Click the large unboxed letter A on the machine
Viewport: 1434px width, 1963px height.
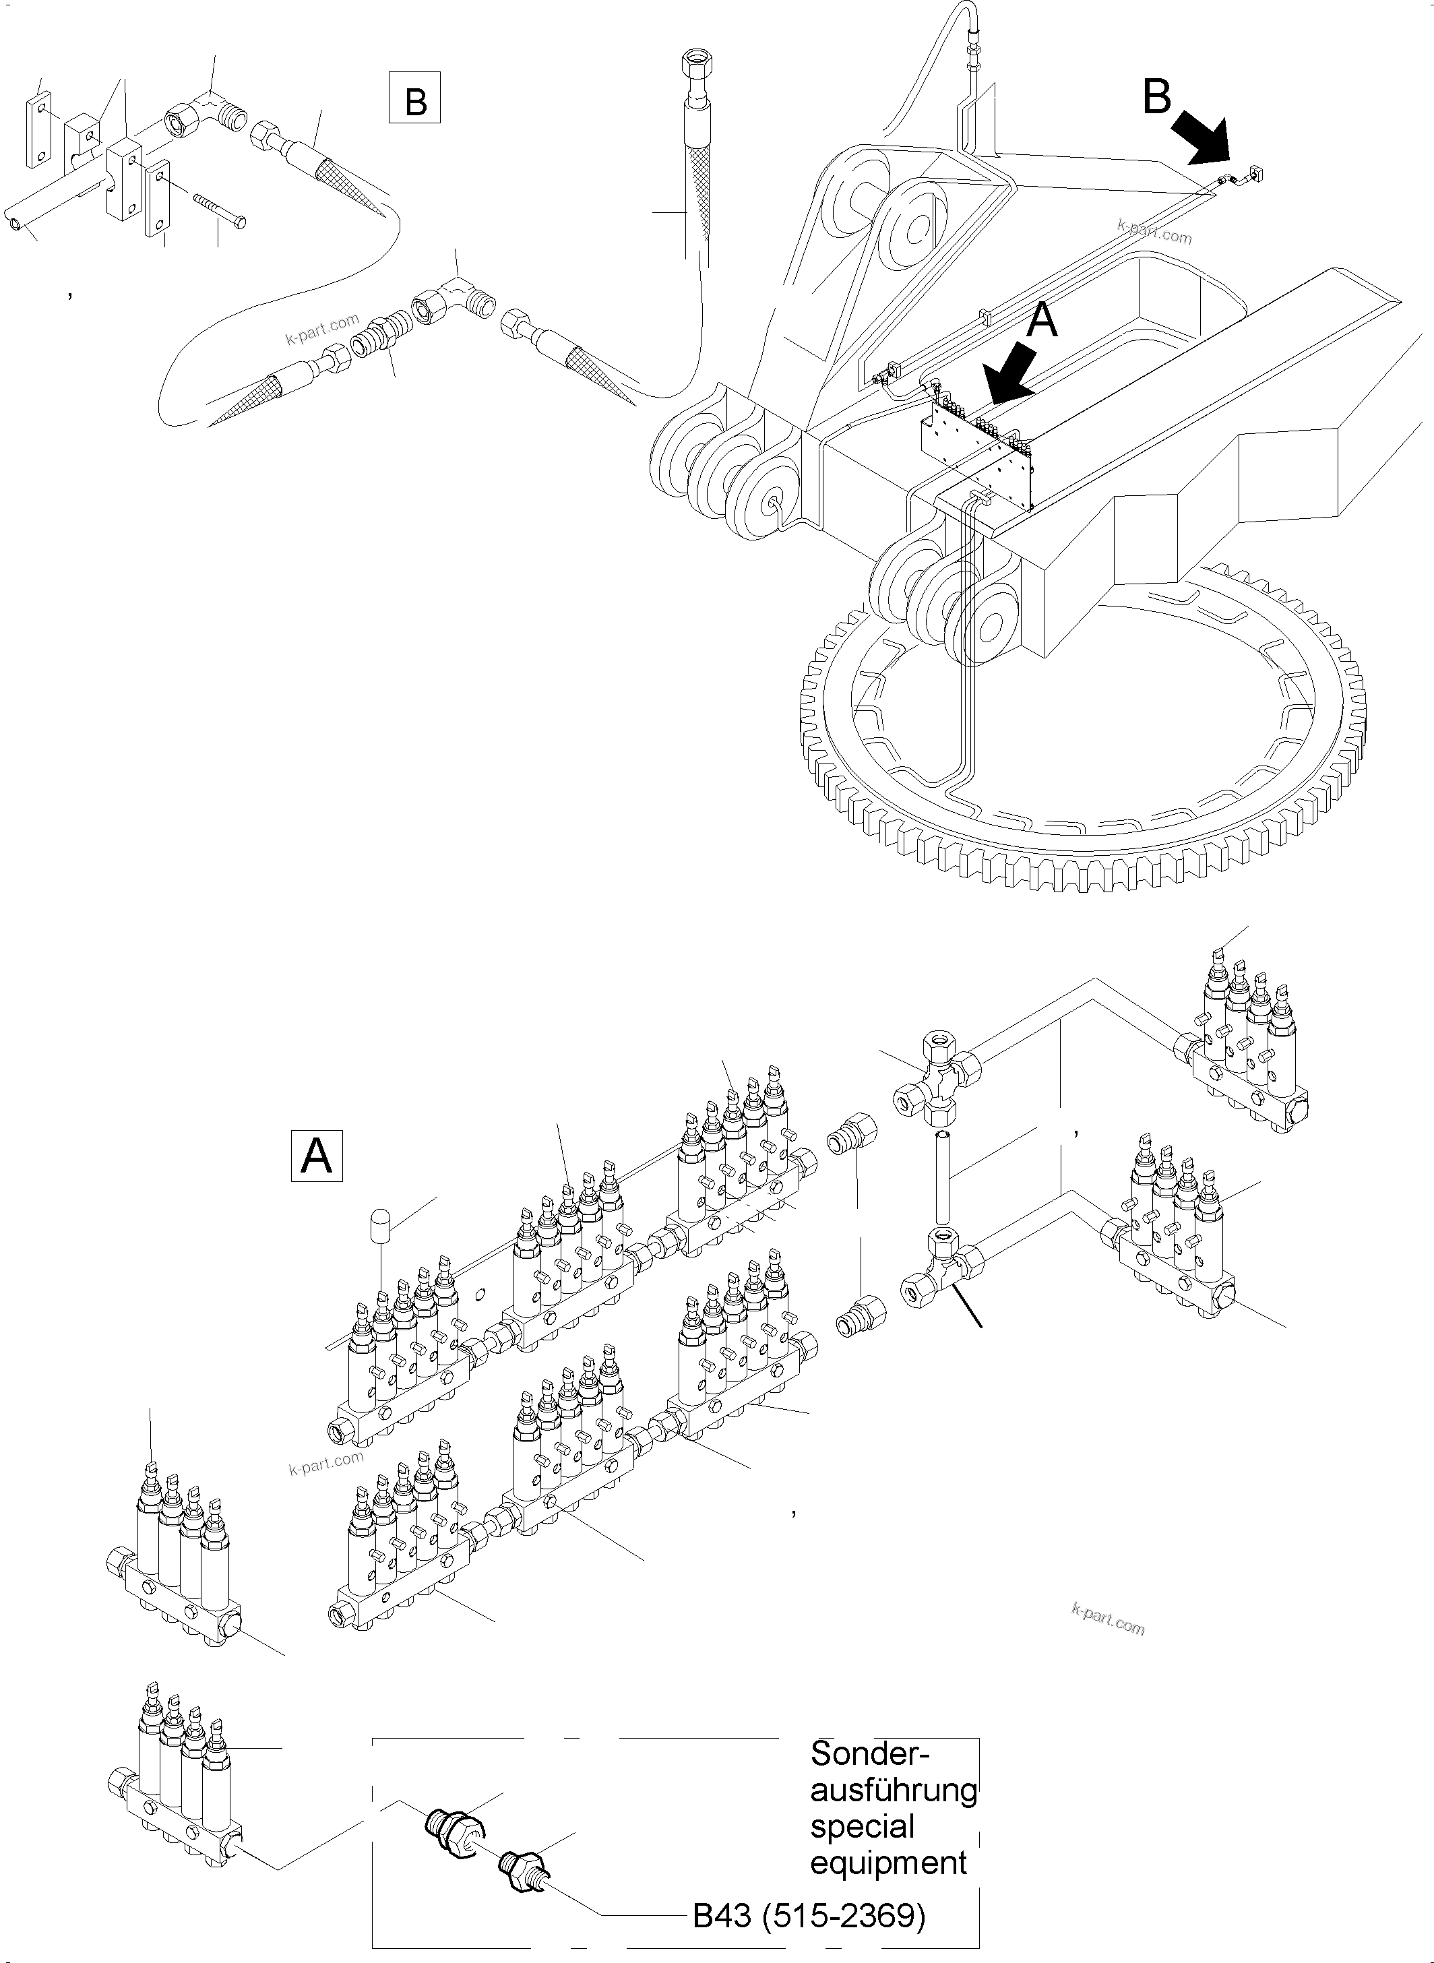1042,320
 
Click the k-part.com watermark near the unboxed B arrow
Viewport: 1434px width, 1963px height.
1154,232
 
